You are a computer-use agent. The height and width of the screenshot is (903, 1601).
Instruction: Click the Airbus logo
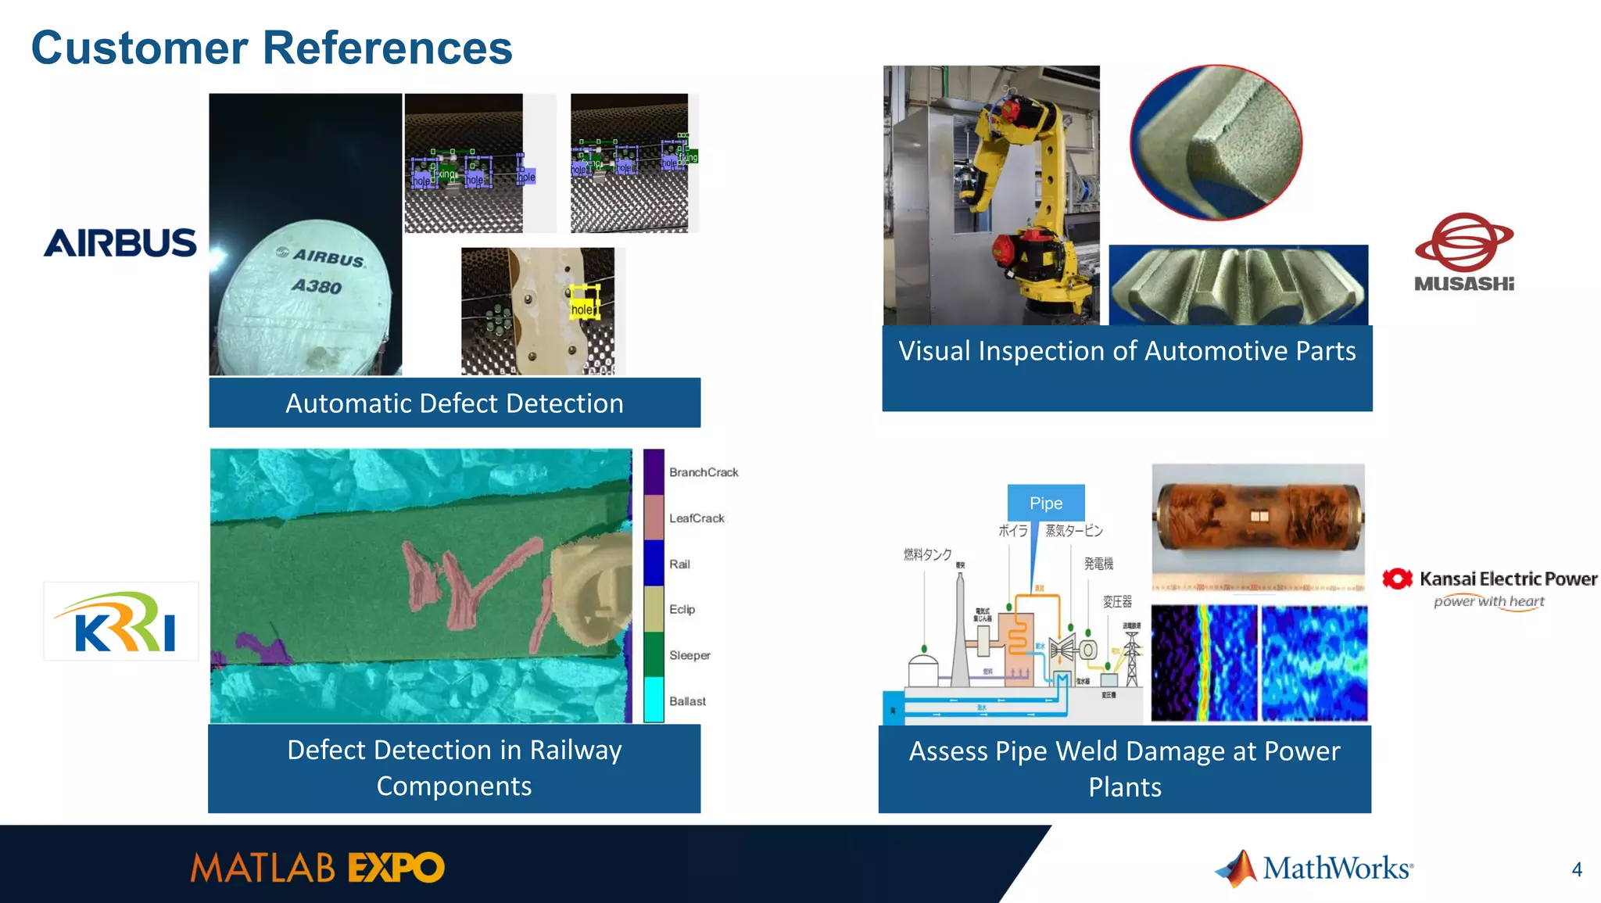tap(120, 243)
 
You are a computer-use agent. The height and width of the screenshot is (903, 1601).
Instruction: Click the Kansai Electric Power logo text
tap(1507, 579)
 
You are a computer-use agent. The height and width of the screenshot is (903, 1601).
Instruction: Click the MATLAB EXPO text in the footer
tap(317, 869)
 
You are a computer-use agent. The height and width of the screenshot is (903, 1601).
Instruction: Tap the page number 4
tap(1576, 869)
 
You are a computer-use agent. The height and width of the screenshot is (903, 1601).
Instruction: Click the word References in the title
tap(387, 48)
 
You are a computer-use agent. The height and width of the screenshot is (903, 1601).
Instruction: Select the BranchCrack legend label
tap(703, 472)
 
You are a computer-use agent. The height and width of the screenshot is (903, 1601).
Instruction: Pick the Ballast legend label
tap(687, 701)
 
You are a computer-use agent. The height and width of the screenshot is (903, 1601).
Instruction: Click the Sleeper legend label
tap(689, 655)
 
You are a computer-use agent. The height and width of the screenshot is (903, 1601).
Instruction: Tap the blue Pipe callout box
tap(1045, 503)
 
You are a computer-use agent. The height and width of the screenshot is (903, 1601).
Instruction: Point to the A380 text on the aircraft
tap(317, 286)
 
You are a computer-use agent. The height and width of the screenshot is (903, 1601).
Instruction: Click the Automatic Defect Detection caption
tap(454, 403)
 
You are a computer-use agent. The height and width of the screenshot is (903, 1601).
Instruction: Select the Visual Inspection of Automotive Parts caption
tap(1126, 351)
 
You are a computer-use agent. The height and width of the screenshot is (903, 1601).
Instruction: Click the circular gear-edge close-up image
tap(1216, 142)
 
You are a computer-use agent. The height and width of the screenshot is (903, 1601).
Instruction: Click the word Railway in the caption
tap(575, 750)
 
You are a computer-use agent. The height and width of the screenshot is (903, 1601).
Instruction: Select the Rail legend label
tap(679, 564)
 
